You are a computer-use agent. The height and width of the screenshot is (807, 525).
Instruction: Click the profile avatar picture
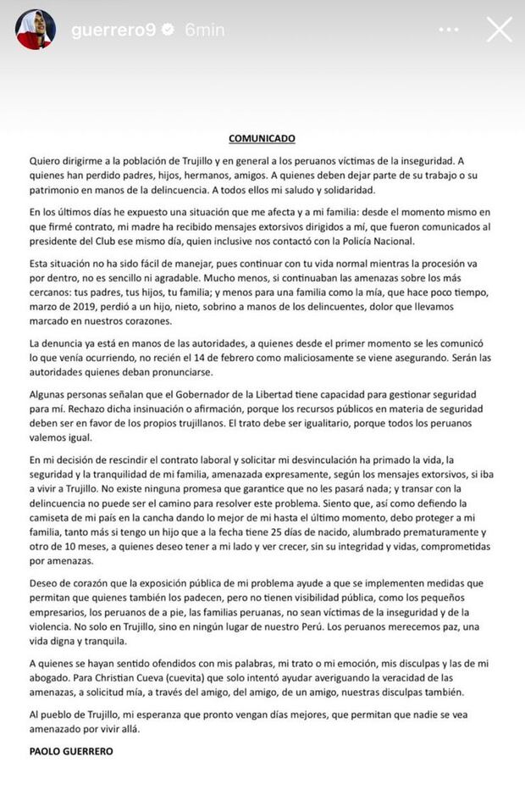click(x=35, y=30)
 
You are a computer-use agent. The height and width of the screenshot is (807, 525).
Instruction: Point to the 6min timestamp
click(x=204, y=30)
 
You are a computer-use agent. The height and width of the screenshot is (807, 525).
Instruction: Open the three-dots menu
click(x=449, y=30)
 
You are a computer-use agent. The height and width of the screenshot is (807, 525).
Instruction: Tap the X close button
click(x=500, y=30)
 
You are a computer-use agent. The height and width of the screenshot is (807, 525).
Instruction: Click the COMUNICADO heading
click(x=262, y=137)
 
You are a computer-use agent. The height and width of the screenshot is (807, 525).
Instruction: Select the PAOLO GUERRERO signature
click(x=72, y=751)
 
